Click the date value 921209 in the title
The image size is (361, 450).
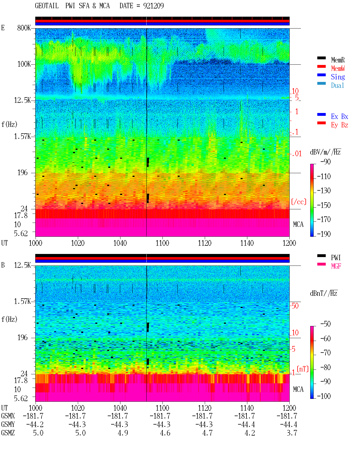(x=153, y=6)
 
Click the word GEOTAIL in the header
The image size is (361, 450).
(x=47, y=6)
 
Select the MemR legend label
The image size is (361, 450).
(x=338, y=60)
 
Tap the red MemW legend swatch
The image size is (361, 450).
(x=321, y=66)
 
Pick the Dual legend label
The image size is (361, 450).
(x=338, y=85)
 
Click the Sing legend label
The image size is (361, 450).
(x=338, y=77)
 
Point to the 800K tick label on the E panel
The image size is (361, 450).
(x=24, y=28)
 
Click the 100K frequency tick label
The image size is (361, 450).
(x=24, y=64)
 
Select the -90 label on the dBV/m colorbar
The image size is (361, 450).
(x=325, y=162)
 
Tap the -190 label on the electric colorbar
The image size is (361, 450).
(x=324, y=234)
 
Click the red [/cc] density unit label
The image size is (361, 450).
(x=299, y=202)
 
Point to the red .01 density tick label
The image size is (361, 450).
(x=297, y=154)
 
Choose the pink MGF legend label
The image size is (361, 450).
(x=336, y=266)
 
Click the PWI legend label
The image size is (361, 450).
(x=336, y=258)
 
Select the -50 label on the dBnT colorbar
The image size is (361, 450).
(x=325, y=324)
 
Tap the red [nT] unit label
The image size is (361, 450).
(x=303, y=369)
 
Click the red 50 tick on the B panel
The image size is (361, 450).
(x=295, y=306)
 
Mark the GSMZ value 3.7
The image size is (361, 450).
(x=292, y=433)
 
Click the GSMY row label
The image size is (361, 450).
(x=8, y=424)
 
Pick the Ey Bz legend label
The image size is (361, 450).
(x=340, y=125)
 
